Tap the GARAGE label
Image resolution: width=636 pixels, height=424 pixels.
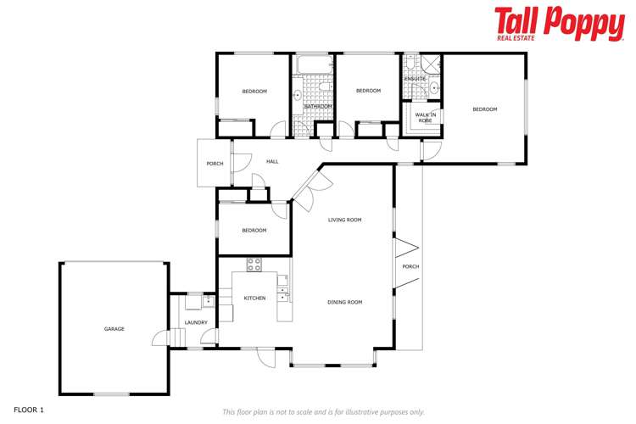[x=114, y=329]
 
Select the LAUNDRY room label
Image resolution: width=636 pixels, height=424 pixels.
[x=196, y=323]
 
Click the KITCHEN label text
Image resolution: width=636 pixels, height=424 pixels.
[x=254, y=298]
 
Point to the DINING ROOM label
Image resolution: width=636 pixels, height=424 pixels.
[x=345, y=303]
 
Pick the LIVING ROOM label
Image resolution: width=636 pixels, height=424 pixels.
[x=345, y=220]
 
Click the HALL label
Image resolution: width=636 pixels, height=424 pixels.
[x=272, y=162]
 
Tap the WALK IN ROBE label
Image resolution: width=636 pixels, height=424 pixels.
[x=425, y=118]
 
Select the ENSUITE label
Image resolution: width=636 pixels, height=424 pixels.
[x=415, y=79]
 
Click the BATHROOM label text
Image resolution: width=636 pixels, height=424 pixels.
[x=318, y=106]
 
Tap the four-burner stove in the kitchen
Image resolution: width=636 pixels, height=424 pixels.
[x=254, y=265]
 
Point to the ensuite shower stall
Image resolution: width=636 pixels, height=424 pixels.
[x=432, y=64]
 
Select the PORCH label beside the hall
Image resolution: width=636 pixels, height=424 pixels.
[x=215, y=164]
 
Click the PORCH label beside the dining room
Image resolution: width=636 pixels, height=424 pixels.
[x=410, y=267]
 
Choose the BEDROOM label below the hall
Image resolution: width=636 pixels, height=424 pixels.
[x=254, y=231]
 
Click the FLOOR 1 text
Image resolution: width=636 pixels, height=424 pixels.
[x=28, y=410]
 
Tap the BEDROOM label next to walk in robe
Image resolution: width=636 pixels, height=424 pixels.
[x=484, y=109]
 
